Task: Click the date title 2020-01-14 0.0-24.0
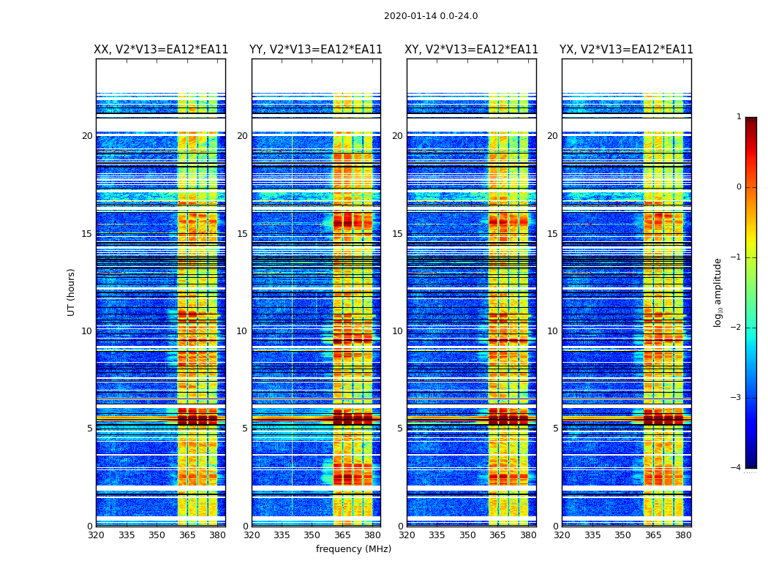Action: coord(431,16)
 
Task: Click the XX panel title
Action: coord(161,50)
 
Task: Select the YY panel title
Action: coord(316,50)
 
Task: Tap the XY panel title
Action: coord(472,50)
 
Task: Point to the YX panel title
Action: coord(627,50)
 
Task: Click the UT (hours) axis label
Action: coord(72,292)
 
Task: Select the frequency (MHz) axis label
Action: coord(353,549)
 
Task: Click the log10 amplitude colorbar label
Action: coord(718,292)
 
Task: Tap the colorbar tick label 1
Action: coord(739,117)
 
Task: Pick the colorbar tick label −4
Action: coord(737,468)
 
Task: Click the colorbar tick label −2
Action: coord(737,328)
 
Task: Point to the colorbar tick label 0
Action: coord(739,187)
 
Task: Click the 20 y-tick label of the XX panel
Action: coord(87,136)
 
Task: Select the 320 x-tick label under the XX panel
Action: coord(97,535)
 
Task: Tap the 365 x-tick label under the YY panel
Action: coord(342,535)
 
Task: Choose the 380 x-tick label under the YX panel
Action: coord(683,535)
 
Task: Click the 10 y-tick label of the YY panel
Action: coord(242,331)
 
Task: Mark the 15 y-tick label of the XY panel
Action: coord(397,234)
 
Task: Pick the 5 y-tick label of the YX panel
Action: coord(555,429)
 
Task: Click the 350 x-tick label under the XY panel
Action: coord(467,535)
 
